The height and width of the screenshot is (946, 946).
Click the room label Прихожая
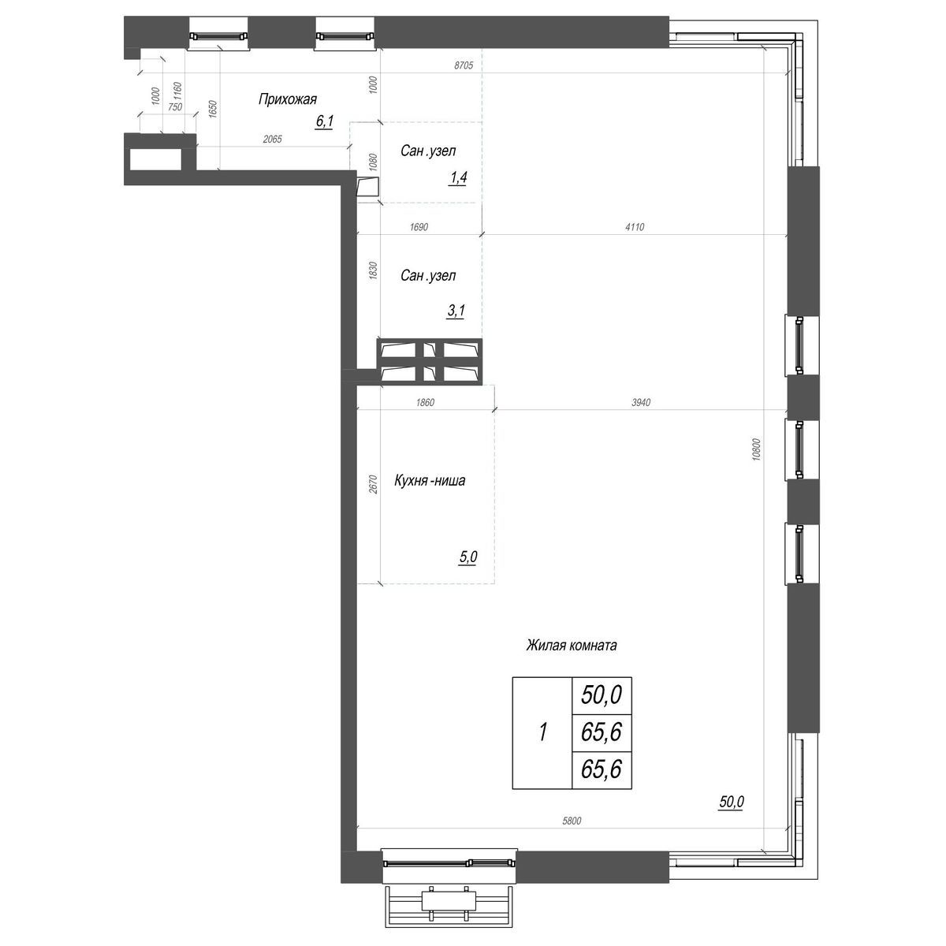[x=287, y=99]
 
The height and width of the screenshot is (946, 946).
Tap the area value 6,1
[x=324, y=121]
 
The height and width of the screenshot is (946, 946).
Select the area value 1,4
[x=458, y=178]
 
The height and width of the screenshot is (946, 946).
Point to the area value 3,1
[x=456, y=311]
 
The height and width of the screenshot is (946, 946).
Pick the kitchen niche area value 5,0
[x=467, y=557]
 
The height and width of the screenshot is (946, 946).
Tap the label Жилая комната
[x=571, y=646]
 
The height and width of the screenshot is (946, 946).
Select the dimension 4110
[x=635, y=227]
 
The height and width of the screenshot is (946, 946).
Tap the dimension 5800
[x=572, y=821]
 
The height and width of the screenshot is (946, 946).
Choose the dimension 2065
[x=272, y=139]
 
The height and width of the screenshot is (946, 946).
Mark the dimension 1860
[x=423, y=403]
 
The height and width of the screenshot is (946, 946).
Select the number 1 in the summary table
[x=542, y=733]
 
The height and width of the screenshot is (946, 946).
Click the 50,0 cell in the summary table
[x=601, y=695]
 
